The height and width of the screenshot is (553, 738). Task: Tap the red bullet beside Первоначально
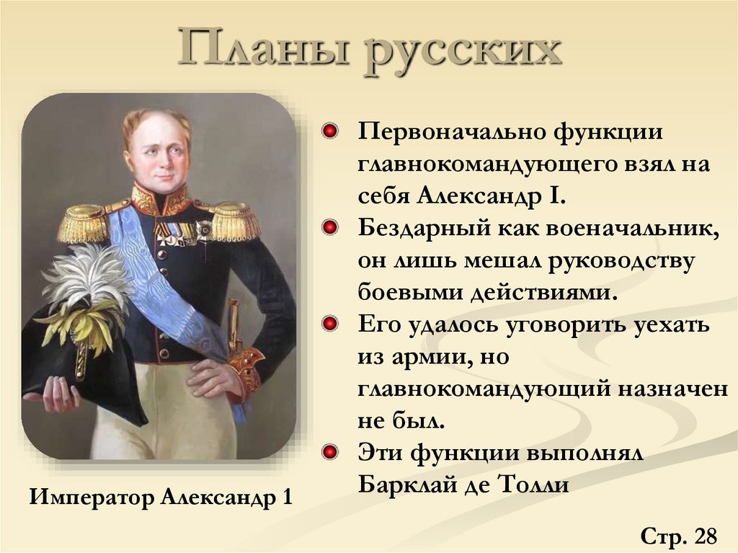331,132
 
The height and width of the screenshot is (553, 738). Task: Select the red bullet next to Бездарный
331,228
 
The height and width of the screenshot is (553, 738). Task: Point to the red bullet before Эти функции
331,452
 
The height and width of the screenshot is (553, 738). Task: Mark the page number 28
706,536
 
